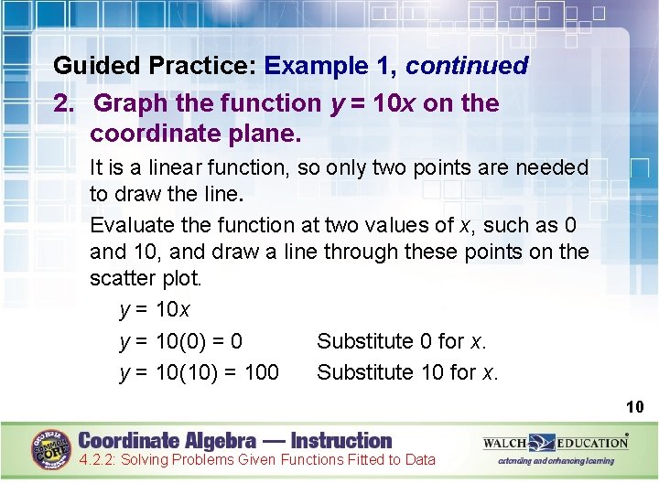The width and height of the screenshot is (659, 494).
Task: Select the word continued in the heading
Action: coord(467,66)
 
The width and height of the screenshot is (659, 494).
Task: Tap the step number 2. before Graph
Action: coord(64,103)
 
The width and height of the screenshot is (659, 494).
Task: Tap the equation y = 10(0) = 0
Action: coord(181,342)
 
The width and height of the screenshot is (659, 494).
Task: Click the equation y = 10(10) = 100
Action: coord(200,372)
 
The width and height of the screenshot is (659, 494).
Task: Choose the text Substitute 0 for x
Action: coord(402,342)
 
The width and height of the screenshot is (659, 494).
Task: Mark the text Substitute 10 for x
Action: coord(407,372)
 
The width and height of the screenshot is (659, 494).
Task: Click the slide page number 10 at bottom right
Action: coord(634,406)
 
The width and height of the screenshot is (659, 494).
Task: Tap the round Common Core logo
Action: coord(51,450)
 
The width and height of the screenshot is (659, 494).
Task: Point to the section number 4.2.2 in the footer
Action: coord(96,460)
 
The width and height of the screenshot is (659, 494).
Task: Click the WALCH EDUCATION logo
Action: coord(556,443)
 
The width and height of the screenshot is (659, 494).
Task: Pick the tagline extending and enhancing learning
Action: coord(556,461)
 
